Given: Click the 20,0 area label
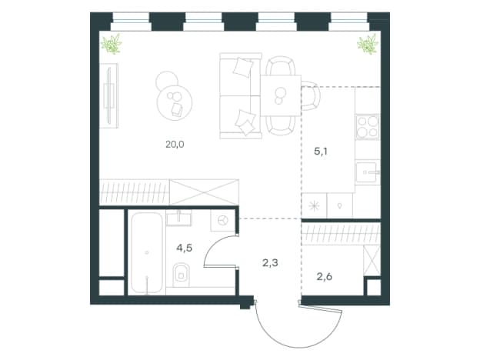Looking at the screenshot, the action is (175, 144).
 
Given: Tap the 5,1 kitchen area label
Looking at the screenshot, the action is (321, 152).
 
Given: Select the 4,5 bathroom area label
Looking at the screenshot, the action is (184, 248).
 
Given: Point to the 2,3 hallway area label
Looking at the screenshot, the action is (270, 262).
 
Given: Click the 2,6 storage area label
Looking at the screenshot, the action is (324, 277).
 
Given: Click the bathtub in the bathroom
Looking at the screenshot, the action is (147, 252).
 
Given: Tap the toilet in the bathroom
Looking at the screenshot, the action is (182, 275).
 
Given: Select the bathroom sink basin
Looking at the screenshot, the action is (179, 218).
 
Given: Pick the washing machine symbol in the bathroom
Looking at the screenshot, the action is (222, 220).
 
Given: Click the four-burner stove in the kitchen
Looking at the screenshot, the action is (368, 127).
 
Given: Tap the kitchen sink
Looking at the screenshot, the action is (368, 172).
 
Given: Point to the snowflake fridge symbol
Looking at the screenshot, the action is (315, 205).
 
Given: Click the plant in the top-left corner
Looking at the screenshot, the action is (112, 45).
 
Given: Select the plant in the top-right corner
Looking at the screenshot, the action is (368, 45).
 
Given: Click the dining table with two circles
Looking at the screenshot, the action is (281, 95).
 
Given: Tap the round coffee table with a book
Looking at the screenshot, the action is (175, 102).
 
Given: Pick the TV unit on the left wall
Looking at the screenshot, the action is (109, 95).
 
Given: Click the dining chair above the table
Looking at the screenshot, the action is (281, 65).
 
